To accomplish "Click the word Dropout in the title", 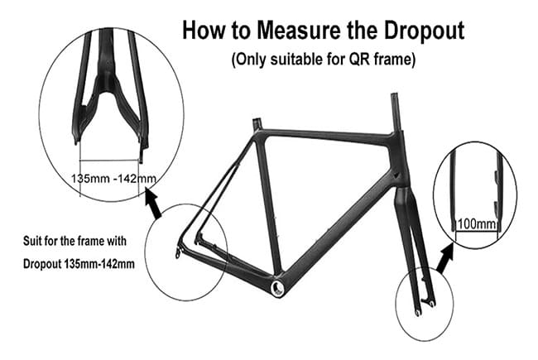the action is (425, 30).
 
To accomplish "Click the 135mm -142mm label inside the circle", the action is (113, 179).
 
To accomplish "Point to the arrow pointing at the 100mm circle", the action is (445, 257).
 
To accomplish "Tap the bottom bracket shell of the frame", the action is (277, 288).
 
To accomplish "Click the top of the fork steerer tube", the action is (396, 97).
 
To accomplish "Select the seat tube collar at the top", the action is (257, 122).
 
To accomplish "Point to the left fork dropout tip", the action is (417, 313).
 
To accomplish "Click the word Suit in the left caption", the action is (30, 241).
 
